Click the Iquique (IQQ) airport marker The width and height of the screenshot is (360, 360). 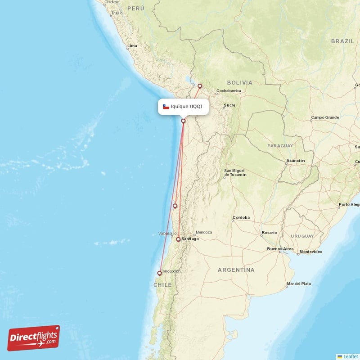click(183, 121)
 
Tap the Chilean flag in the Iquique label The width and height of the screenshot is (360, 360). click(166, 107)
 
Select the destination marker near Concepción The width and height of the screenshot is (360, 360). click(159, 273)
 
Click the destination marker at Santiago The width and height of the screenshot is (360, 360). click(178, 239)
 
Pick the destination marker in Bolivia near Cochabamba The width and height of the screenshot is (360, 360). click(200, 86)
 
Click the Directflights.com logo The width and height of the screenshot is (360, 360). click(34, 338)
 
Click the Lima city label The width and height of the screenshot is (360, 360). click(132, 46)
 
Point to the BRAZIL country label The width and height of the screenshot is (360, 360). click(342, 41)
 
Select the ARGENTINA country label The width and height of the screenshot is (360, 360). click(236, 270)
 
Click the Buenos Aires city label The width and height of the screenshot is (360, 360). click(280, 249)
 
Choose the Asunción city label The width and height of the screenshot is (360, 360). click(296, 161)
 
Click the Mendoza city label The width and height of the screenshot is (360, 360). click(203, 232)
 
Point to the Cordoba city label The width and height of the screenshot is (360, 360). click(241, 218)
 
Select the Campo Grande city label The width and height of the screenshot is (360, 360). click(325, 117)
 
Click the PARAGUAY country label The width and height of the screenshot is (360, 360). click(280, 146)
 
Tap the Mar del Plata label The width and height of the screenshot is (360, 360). click(298, 284)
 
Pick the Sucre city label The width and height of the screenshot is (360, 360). click(229, 105)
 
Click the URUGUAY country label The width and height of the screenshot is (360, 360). click(302, 236)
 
